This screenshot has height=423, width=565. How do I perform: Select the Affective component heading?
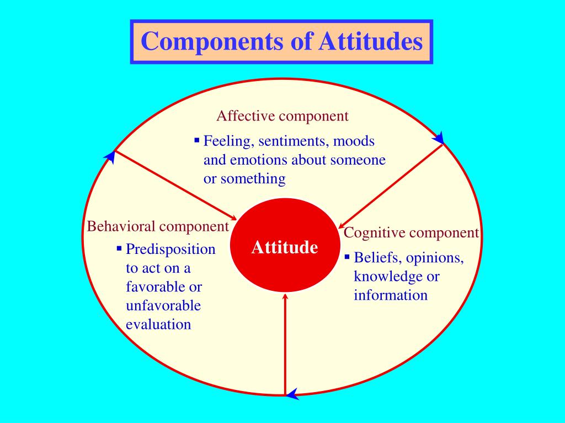pyautogui.click(x=282, y=116)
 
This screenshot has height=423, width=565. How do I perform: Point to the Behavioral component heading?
pyautogui.click(x=158, y=226)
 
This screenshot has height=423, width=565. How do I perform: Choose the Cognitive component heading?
pyautogui.click(x=412, y=233)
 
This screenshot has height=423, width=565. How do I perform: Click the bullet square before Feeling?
pyautogui.click(x=196, y=140)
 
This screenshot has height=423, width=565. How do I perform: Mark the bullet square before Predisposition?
pyautogui.click(x=119, y=248)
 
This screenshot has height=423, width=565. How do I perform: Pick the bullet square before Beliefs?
pyautogui.click(x=347, y=257)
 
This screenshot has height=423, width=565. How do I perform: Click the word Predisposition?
pyautogui.click(x=170, y=250)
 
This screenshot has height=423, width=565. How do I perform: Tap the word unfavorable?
pyautogui.click(x=163, y=306)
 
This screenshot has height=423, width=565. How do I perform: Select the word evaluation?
pyautogui.click(x=158, y=324)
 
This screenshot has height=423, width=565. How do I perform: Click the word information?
pyautogui.click(x=391, y=295)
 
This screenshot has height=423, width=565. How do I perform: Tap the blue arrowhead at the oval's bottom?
pyautogui.click(x=292, y=393)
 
